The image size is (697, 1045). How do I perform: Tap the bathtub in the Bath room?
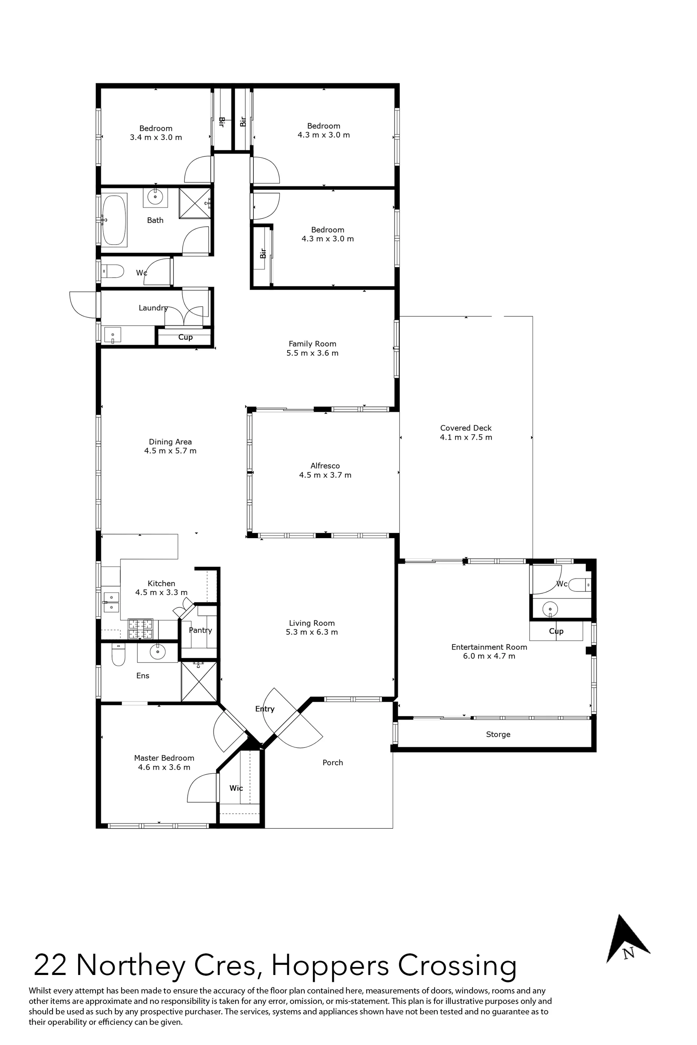point(115,220)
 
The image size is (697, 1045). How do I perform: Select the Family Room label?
point(312,344)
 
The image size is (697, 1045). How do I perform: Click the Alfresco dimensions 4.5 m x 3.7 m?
point(325,475)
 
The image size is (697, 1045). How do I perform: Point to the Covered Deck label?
point(466,428)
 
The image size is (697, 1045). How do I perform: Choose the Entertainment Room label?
point(489,647)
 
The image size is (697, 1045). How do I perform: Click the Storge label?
point(498,734)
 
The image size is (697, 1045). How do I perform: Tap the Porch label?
point(333,762)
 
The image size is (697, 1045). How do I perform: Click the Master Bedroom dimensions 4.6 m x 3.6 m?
point(164,767)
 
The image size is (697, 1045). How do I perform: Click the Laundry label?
point(153,308)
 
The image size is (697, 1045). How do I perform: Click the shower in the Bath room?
point(195,203)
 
